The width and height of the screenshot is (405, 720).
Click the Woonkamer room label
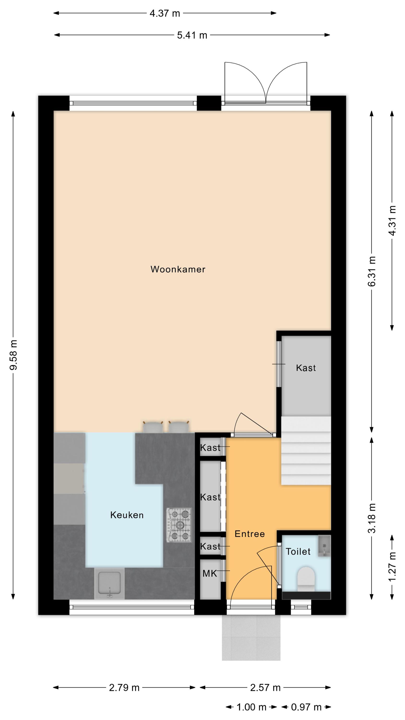pyautogui.click(x=178, y=269)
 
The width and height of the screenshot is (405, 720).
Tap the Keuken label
pyautogui.click(x=127, y=515)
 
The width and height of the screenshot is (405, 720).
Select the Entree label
pyautogui.click(x=250, y=534)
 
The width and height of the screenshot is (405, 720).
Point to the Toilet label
pyautogui.click(x=298, y=552)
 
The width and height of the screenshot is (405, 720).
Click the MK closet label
pyautogui.click(x=210, y=574)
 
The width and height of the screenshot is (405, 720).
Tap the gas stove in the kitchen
pyautogui.click(x=179, y=525)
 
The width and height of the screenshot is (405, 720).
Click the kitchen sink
pyautogui.click(x=109, y=584)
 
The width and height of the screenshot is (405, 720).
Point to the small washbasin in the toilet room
pyautogui.click(x=324, y=546)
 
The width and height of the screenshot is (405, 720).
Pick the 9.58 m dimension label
pyautogui.click(x=13, y=355)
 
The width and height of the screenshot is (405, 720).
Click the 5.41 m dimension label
pyautogui.click(x=192, y=35)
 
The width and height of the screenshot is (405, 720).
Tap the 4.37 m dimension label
pyautogui.click(x=165, y=13)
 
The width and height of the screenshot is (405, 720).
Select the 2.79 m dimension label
pyautogui.click(x=124, y=687)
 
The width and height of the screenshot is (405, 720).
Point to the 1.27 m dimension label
pyautogui.click(x=393, y=566)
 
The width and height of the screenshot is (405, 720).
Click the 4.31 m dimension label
pyautogui.click(x=393, y=221)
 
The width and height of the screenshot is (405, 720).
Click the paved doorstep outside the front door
pyautogui.click(x=251, y=638)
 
